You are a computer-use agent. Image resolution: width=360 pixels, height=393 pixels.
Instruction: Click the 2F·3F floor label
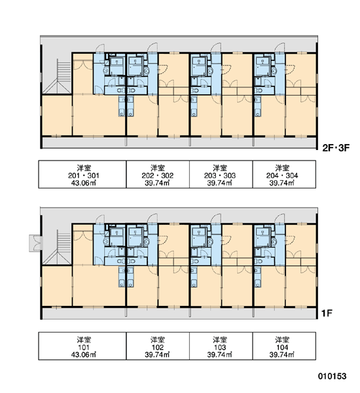(335, 148)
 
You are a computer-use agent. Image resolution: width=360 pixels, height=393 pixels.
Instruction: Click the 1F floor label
(327, 313)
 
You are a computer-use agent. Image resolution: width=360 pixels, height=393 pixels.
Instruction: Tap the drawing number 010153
(333, 376)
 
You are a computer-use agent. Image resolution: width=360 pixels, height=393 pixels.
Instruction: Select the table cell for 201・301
(82, 174)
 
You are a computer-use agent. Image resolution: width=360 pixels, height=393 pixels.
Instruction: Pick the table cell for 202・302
(158, 174)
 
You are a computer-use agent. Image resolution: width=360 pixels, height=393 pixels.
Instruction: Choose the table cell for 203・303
(221, 174)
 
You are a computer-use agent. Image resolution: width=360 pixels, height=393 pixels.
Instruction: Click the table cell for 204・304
(284, 174)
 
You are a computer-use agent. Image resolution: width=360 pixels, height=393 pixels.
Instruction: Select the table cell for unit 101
(82, 346)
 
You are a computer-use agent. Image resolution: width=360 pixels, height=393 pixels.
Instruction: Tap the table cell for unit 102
(158, 346)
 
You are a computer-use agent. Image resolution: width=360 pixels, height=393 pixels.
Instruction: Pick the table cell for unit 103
(221, 346)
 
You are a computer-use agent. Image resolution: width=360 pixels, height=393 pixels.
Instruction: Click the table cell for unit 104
(284, 346)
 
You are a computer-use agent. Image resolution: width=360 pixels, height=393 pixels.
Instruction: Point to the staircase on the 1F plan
(60, 248)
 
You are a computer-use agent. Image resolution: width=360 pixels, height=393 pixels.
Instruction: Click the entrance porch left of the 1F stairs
(36, 243)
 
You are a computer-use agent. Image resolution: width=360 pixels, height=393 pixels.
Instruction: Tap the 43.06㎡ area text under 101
(84, 355)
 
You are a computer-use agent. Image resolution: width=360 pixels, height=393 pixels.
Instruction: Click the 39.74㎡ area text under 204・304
(282, 183)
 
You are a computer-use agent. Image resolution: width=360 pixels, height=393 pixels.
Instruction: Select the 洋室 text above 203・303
(220, 168)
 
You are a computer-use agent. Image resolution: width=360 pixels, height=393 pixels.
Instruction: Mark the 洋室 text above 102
(158, 339)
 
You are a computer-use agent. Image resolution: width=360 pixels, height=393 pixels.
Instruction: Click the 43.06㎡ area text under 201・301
(84, 183)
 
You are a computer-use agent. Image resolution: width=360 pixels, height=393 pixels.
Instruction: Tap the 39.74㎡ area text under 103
(220, 355)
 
